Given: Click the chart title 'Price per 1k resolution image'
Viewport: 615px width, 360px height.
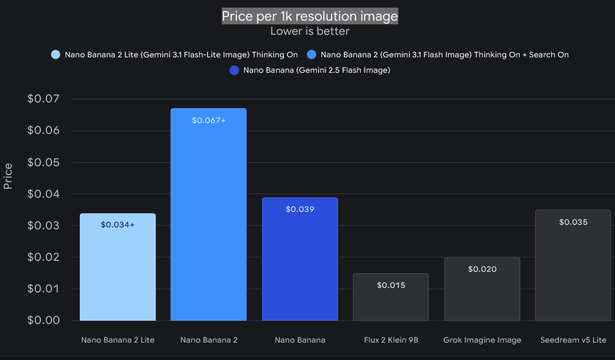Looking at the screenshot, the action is pyautogui.click(x=310, y=16).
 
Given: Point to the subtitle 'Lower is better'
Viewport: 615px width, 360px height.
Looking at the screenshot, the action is pyautogui.click(x=310, y=32).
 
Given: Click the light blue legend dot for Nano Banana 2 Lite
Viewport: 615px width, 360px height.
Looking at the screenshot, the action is pyautogui.click(x=55, y=55).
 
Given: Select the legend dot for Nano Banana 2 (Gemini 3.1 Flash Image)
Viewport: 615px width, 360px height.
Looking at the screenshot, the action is pyautogui.click(x=312, y=55).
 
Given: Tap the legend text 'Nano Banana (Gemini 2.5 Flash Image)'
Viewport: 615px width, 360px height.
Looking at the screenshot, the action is pyautogui.click(x=317, y=70).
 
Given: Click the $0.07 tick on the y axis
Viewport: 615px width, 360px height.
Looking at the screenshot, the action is pyautogui.click(x=44, y=99).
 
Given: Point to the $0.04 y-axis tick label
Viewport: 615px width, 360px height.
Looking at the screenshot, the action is pyautogui.click(x=44, y=194).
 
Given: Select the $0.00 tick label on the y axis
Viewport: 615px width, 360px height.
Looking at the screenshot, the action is pyautogui.click(x=44, y=320).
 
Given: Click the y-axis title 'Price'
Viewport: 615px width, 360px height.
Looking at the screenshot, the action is pyautogui.click(x=8, y=176).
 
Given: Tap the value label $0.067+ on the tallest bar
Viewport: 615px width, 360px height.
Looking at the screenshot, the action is pyautogui.click(x=209, y=120).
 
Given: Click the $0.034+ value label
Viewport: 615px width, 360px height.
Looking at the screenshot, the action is pyautogui.click(x=118, y=225).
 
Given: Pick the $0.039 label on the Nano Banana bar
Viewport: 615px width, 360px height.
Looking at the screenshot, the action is pyautogui.click(x=300, y=209).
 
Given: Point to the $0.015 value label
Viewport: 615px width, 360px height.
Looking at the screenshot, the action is pyautogui.click(x=391, y=285).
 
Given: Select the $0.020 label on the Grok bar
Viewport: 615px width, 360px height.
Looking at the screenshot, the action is pyautogui.click(x=482, y=269).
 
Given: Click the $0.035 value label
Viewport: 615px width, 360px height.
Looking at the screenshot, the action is pyautogui.click(x=573, y=222).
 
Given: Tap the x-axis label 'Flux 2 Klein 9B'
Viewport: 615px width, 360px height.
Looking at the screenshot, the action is pyautogui.click(x=391, y=340).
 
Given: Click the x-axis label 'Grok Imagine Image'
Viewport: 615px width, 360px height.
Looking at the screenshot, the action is pyautogui.click(x=482, y=340).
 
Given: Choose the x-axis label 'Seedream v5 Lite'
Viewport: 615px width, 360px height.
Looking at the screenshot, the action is pyautogui.click(x=573, y=340).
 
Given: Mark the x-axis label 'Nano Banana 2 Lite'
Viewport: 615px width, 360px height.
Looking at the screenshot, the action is pyautogui.click(x=118, y=340).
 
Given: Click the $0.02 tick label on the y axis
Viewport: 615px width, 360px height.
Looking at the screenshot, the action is pyautogui.click(x=44, y=257).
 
